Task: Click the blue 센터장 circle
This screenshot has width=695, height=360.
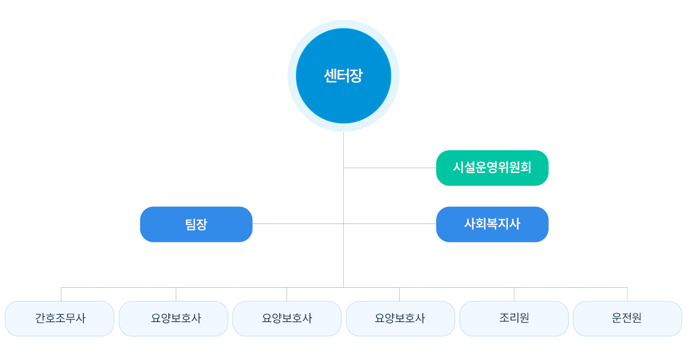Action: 343,76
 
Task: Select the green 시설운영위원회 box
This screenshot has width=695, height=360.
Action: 492,168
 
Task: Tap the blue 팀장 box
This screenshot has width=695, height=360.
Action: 196,225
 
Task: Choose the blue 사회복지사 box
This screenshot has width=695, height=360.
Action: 492,224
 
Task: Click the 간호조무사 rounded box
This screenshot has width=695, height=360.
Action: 60,318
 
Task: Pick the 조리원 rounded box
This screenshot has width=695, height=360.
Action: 514,318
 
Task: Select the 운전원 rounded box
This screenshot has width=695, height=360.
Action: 627,318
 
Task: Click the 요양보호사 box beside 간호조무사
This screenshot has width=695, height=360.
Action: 173,318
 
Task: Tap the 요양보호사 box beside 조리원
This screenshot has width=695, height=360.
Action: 400,318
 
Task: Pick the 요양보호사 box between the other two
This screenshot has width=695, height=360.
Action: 287,318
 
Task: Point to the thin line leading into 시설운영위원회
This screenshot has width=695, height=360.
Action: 411,168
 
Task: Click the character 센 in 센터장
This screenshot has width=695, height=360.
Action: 331,76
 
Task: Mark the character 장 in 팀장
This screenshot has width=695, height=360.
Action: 202,225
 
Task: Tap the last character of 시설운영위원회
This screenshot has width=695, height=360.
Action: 525,168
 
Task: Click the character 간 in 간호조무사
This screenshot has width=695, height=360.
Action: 41,318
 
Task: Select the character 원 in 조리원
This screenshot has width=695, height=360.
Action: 524,318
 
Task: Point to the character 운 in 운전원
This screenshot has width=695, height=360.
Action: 617,318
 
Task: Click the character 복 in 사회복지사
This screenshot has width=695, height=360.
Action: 492,224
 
